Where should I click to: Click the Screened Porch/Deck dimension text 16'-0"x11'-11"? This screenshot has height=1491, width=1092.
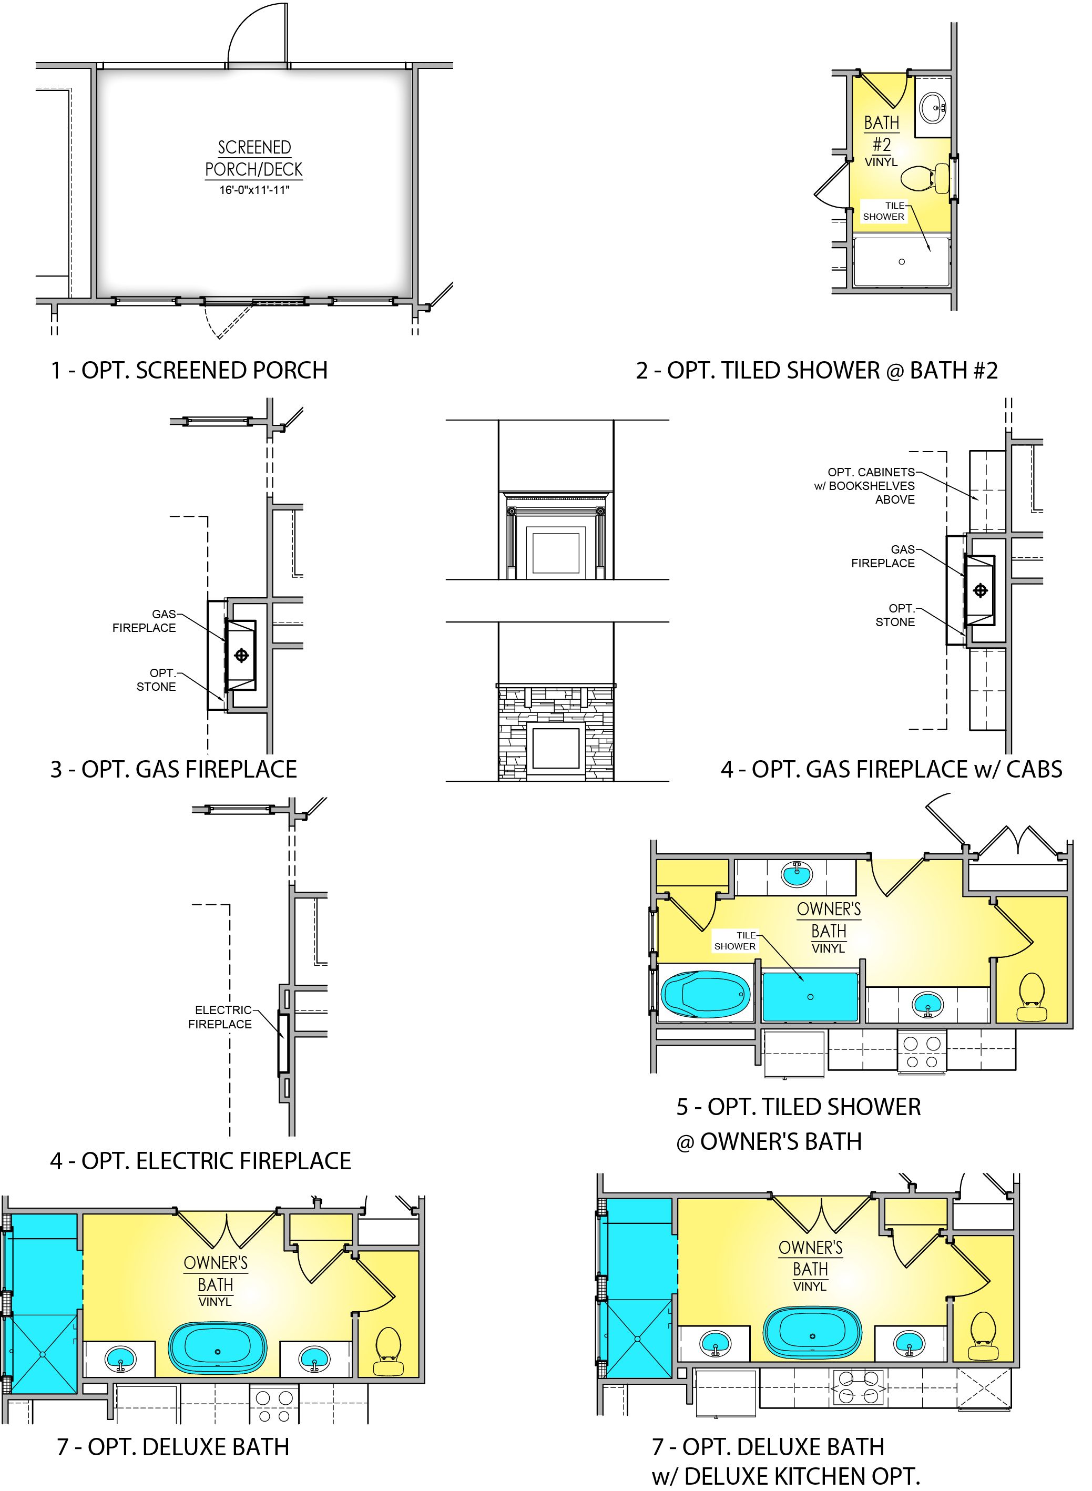pos(254,190)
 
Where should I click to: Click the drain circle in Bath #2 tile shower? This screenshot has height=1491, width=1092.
pos(902,262)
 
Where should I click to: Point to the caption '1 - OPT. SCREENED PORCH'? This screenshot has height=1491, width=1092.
pos(189,370)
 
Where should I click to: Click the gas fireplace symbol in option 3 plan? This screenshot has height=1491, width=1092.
pos(241,655)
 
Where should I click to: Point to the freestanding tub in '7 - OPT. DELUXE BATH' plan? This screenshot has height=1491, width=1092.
pos(218,1352)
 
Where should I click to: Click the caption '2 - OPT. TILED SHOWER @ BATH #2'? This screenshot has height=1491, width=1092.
pos(817,370)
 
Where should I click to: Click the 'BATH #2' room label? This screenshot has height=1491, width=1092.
pos(882,134)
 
